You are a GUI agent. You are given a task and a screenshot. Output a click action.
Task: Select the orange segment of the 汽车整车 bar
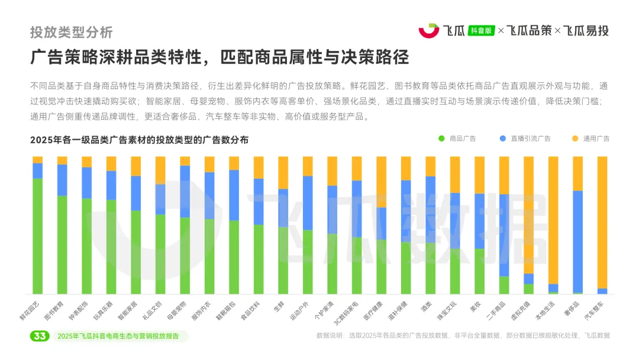pyautogui.click(x=602, y=222)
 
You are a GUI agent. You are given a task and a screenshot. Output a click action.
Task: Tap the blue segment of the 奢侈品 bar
pyautogui.click(x=577, y=241)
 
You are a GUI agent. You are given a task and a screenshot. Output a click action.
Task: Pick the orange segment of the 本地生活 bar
pyautogui.click(x=553, y=220)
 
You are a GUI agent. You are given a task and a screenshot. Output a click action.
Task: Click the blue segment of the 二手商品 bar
pyautogui.click(x=504, y=235)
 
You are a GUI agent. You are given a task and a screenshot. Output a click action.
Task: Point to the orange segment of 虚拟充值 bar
pyautogui.click(x=528, y=214)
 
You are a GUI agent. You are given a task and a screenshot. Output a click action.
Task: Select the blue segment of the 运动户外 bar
pyautogui.click(x=308, y=202)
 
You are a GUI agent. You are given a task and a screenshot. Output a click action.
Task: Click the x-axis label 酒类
pyautogui.click(x=426, y=306)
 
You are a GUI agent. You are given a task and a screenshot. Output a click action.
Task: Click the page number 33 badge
pyautogui.click(x=40, y=336)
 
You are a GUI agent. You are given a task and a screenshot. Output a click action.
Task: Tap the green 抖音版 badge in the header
pyautogui.click(x=481, y=31)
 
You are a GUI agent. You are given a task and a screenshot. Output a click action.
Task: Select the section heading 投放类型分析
pyautogui.click(x=71, y=32)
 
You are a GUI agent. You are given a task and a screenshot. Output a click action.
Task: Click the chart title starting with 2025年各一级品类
pyautogui.click(x=139, y=140)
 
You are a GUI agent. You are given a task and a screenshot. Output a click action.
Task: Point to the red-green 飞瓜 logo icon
pyautogui.click(x=429, y=30)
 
